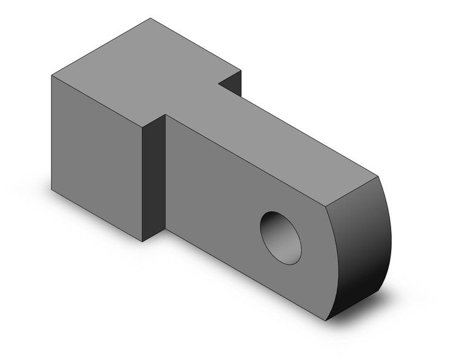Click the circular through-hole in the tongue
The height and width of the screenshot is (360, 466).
point(281,237)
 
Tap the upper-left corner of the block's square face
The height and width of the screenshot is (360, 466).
point(52,76)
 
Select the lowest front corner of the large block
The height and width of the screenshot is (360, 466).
point(142,241)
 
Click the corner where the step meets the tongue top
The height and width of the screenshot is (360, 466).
point(166,114)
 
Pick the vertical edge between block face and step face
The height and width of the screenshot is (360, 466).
point(142,184)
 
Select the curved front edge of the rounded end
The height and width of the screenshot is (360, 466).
point(337,264)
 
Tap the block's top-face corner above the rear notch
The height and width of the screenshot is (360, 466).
point(241,70)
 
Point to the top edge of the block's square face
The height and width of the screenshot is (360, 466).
point(97,101)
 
